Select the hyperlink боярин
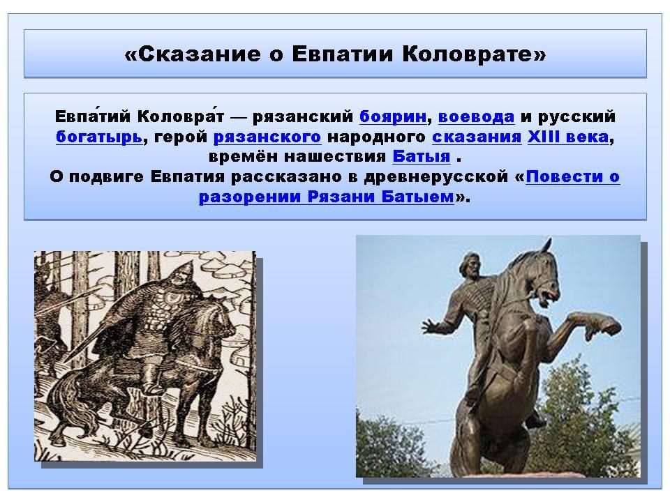click(393, 116)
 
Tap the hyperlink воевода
click(476, 116)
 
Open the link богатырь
click(98, 137)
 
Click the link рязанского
click(267, 137)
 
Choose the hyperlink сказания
click(477, 137)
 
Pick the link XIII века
click(568, 137)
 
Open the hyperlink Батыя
click(422, 156)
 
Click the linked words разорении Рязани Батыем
click(327, 197)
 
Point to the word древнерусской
click(435, 176)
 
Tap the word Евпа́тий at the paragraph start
click(92, 116)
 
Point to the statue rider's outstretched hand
click(432, 326)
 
